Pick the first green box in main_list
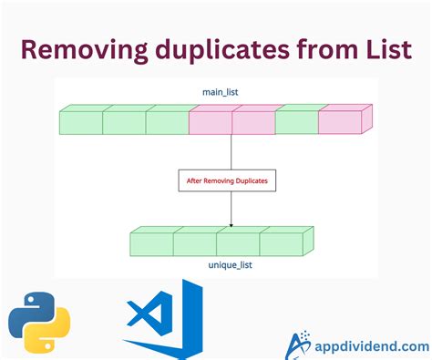80,122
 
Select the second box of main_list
124,122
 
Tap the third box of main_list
167,122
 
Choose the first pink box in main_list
211,122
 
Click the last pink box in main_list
341,122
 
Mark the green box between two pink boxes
297,122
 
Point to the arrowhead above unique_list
231,224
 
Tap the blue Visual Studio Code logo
165,320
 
